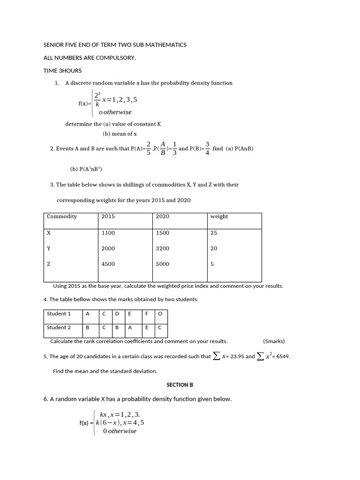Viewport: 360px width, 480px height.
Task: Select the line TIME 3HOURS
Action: pyautogui.click(x=62, y=71)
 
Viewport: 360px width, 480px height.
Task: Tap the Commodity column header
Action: pyautogui.click(x=62, y=217)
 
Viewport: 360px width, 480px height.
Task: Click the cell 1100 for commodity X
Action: pyautogui.click(x=108, y=233)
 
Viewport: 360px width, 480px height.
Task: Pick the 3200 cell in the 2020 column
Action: pyautogui.click(x=163, y=248)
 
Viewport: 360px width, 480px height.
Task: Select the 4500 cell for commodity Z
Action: pyautogui.click(x=108, y=264)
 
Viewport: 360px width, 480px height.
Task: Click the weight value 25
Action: pyautogui.click(x=214, y=233)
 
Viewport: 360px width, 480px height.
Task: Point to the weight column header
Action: pyautogui.click(x=219, y=217)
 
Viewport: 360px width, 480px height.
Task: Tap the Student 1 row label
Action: pyautogui.click(x=59, y=314)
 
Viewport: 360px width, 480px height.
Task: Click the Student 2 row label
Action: pyautogui.click(x=59, y=328)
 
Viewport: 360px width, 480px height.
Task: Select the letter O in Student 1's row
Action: pyautogui.click(x=160, y=314)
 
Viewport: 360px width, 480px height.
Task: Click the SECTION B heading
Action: pyautogui.click(x=180, y=385)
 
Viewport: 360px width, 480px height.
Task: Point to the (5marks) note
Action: pyautogui.click(x=274, y=341)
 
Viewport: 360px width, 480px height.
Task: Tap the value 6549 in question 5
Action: pyautogui.click(x=283, y=356)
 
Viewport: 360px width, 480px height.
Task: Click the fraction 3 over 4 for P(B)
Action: pyautogui.click(x=207, y=148)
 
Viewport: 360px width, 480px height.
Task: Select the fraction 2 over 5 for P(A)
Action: pyautogui.click(x=149, y=148)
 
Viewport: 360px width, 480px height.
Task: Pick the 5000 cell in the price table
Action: pyautogui.click(x=163, y=264)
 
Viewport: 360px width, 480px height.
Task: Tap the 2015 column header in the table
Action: pyautogui.click(x=108, y=217)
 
